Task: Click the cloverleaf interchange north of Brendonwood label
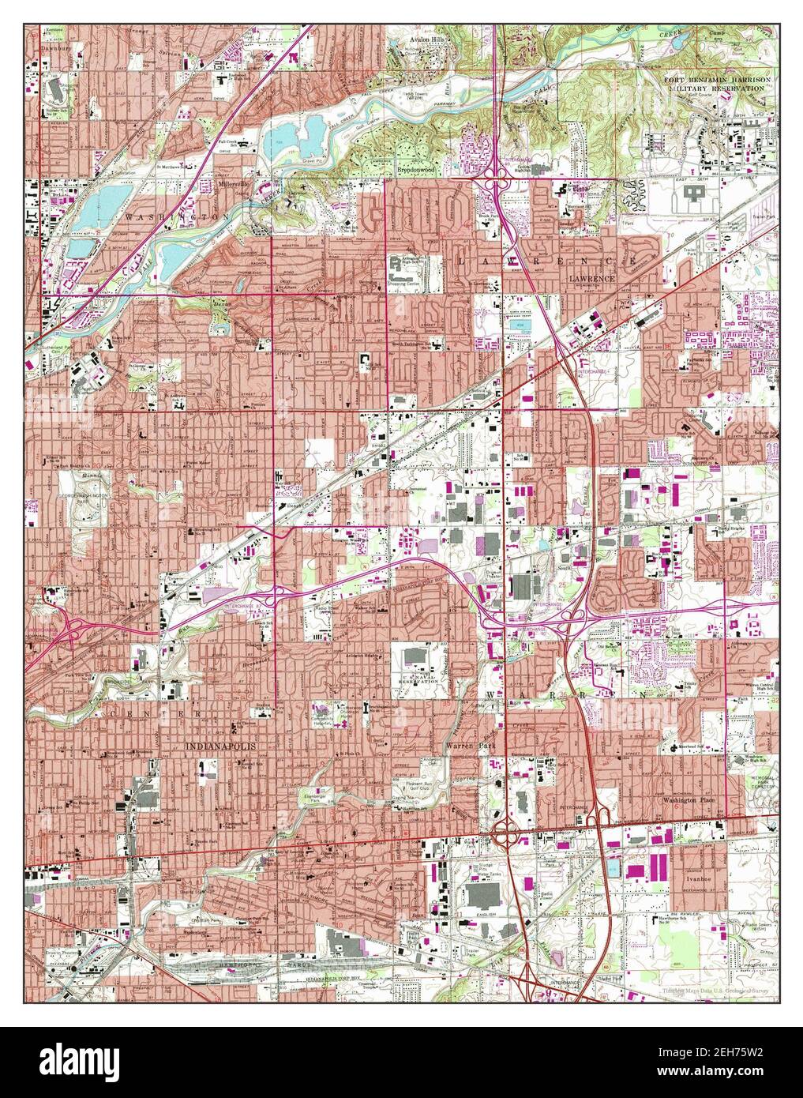[x=499, y=169]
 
